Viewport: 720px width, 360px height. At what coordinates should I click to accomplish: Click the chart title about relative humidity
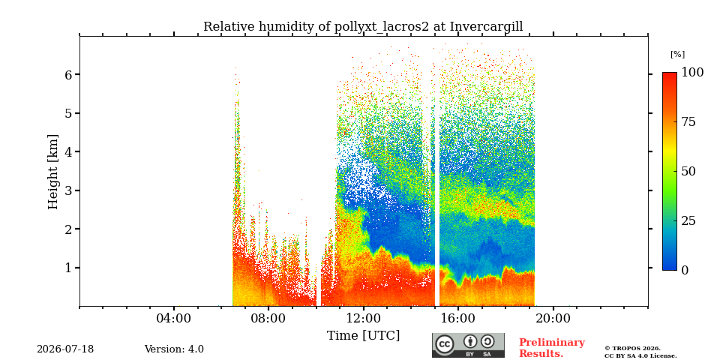(363, 27)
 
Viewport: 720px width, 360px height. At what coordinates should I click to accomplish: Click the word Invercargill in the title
(486, 27)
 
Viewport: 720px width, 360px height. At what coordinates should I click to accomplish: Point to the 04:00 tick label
(174, 319)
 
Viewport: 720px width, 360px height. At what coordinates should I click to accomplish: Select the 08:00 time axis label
(268, 319)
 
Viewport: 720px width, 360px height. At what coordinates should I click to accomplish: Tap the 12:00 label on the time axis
(363, 319)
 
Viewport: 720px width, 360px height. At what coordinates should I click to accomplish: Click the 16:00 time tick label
(457, 319)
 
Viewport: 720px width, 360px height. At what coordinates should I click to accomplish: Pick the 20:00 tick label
(553, 319)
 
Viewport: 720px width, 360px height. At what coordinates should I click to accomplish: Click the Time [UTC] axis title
(363, 336)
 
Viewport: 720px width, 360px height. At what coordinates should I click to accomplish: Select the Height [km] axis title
(53, 172)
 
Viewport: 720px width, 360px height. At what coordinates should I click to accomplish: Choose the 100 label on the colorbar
(692, 72)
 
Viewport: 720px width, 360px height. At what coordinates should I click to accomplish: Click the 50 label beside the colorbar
(688, 171)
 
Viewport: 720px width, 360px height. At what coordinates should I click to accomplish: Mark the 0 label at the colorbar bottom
(685, 271)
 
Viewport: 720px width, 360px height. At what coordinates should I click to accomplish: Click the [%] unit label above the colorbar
(677, 54)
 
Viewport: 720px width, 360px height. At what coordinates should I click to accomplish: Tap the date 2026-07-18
(65, 349)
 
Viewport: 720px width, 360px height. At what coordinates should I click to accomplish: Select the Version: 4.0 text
(174, 349)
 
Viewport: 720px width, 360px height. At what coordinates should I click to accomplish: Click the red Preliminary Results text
(552, 348)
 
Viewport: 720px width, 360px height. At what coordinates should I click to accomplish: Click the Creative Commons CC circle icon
(444, 344)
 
